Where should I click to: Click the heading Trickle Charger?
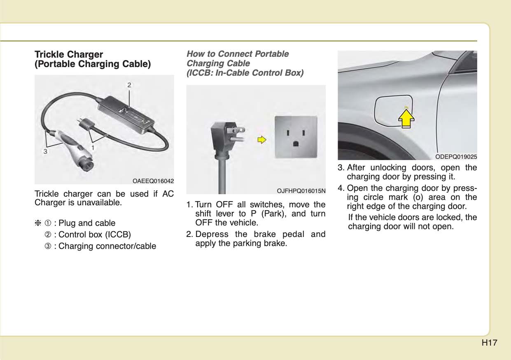pos(69,54)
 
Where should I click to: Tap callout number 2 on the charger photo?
pos(129,85)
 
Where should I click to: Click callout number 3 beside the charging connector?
pos(45,151)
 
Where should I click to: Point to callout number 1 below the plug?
pos(93,147)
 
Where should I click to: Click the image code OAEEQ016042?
pos(153,181)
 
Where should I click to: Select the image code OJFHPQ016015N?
pos(301,190)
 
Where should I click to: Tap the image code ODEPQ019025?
pos(456,156)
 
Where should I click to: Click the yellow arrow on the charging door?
pos(406,117)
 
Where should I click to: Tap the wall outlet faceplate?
pos(296,136)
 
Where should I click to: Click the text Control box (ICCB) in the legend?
pos(95,235)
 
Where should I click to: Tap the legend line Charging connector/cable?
pos(107,246)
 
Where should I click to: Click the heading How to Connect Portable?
pos(238,54)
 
